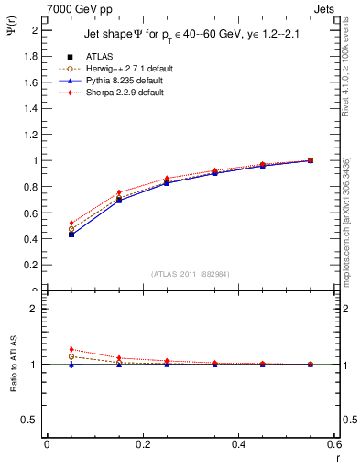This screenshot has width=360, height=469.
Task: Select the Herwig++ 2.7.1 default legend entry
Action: click(123, 68)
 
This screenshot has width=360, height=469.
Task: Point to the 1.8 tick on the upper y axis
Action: click(34, 56)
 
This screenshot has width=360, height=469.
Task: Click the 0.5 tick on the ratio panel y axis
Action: click(33, 420)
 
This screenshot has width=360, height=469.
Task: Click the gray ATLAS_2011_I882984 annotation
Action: click(191, 274)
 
